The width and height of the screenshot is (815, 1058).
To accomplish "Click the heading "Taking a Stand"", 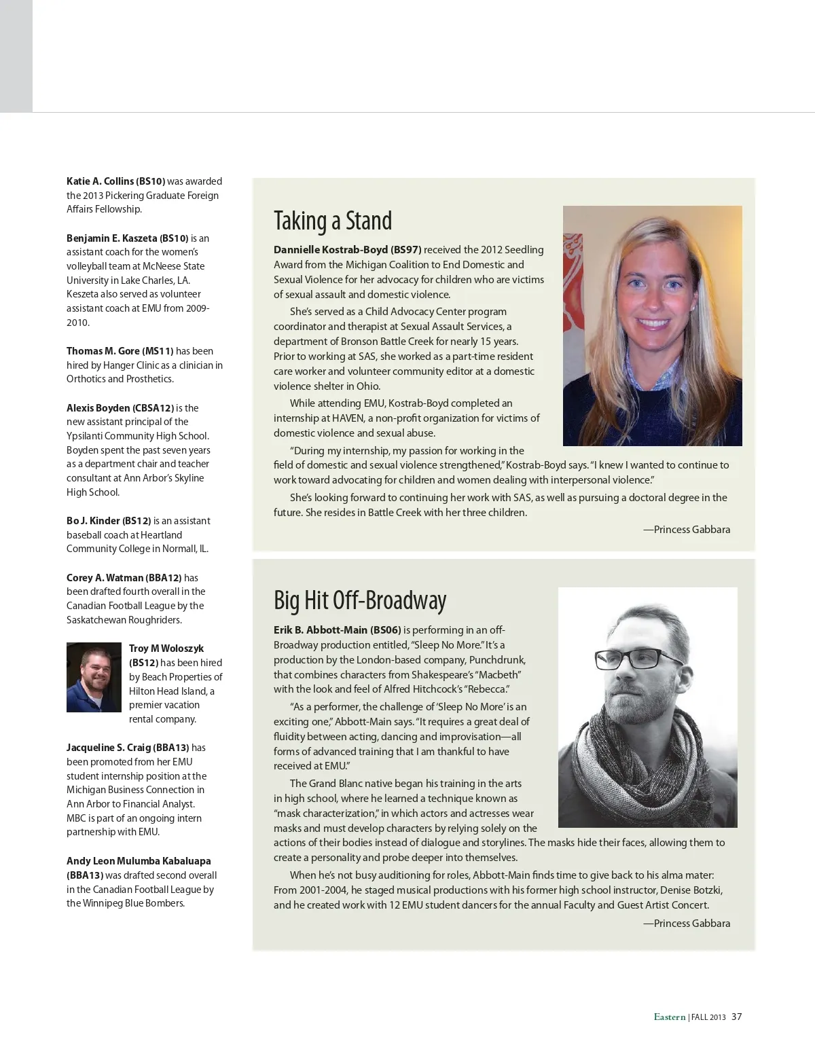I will [x=333, y=221].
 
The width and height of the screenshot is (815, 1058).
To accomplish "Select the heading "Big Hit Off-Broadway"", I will [x=360, y=601].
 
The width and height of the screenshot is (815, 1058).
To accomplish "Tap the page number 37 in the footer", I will [x=737, y=1017].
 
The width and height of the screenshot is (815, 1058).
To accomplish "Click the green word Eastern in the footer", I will [x=670, y=1017].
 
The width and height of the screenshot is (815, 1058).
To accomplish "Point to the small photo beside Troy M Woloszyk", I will [x=94, y=677].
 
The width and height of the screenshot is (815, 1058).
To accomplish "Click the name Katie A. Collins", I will [x=101, y=181].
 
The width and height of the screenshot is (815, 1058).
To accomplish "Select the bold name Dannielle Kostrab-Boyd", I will [x=330, y=250].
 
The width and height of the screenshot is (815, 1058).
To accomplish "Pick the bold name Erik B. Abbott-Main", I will [x=320, y=630].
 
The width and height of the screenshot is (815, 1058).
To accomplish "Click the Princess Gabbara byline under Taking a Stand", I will [x=687, y=530].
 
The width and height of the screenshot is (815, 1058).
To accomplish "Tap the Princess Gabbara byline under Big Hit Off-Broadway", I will [x=687, y=924].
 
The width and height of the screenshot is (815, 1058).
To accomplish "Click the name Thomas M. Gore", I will [x=103, y=351].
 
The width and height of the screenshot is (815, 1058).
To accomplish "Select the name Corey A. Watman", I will [x=105, y=578].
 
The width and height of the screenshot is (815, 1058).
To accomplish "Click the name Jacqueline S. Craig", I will [x=109, y=748].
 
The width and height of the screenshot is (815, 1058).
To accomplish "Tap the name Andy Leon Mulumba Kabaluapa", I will [x=139, y=861].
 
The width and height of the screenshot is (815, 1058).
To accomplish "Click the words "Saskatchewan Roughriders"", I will [x=124, y=620].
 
